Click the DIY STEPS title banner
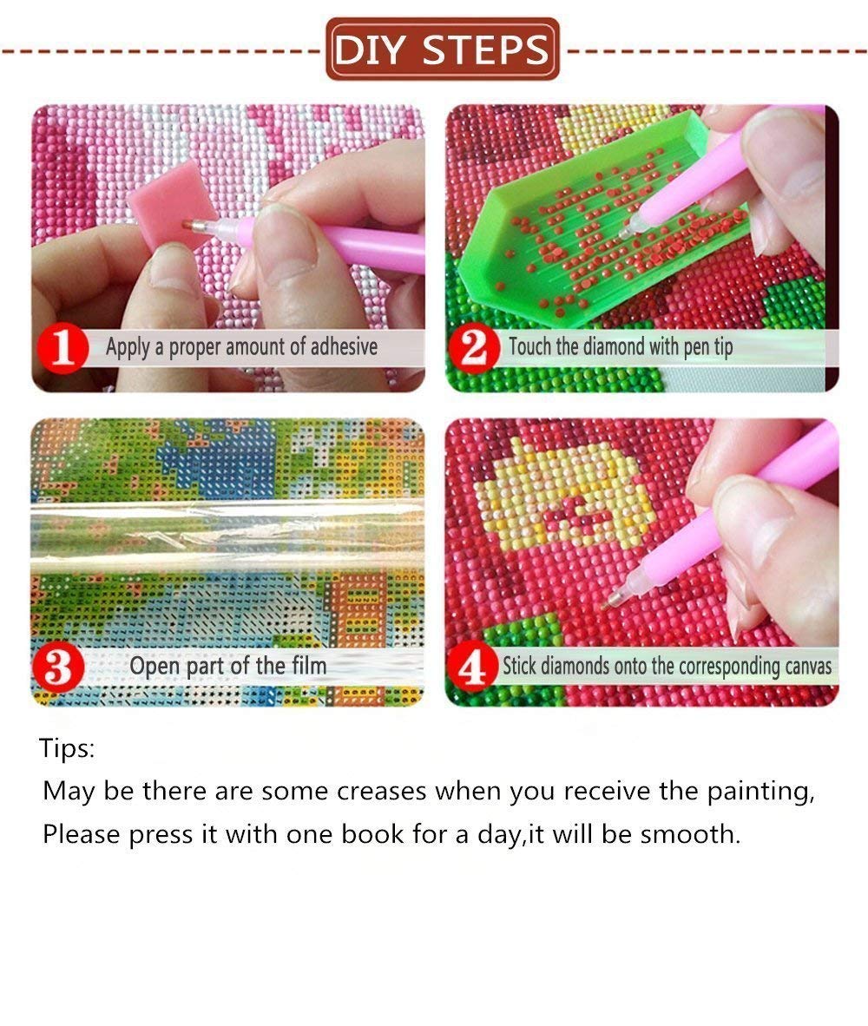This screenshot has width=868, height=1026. click(x=443, y=49)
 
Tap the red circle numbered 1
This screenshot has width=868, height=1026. click(x=62, y=347)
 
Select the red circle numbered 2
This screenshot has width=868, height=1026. click(x=474, y=347)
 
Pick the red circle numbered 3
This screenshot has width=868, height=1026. click(x=58, y=668)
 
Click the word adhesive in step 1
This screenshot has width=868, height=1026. click(x=344, y=346)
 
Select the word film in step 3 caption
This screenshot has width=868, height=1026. click(x=309, y=666)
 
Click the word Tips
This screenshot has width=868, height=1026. click(x=67, y=748)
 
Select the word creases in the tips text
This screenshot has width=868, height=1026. click(x=381, y=791)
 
